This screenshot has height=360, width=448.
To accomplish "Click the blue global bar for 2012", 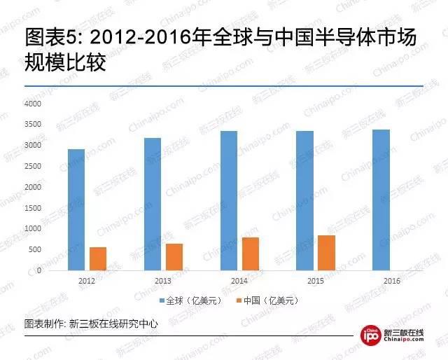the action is pos(76,209).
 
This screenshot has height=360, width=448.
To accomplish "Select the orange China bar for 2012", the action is pos(98,258).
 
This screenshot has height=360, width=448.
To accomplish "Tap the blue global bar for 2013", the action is pos(153,204).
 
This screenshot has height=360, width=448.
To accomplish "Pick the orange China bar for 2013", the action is pos(174,257).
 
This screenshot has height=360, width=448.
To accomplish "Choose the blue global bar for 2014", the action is pos(229,201).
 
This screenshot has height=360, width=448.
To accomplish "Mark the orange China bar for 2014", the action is pos(251,254).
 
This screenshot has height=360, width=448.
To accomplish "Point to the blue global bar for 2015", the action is pos(305,201).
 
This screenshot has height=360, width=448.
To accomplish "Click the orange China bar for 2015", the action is pos(327,253).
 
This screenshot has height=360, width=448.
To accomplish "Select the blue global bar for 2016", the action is pos(381,200).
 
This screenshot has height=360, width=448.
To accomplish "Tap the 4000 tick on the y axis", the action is pos(33,104).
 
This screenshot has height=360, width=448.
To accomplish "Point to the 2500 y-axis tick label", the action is pos(33,166).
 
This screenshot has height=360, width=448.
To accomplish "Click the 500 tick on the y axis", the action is pos(35,249).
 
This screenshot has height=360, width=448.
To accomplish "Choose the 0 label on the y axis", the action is pos(39,270).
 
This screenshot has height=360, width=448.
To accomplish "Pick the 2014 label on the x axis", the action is pos(239,281).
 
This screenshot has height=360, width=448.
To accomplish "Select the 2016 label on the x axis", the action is pos(392,281).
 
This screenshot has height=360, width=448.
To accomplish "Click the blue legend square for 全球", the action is pos(162,300).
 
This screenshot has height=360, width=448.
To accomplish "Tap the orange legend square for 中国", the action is pos(239,300).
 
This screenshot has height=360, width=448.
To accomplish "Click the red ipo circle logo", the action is pos(370,335).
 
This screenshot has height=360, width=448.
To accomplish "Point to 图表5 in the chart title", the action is pos(50,37).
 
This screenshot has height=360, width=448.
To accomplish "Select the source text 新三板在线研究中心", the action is pos(113,324).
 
